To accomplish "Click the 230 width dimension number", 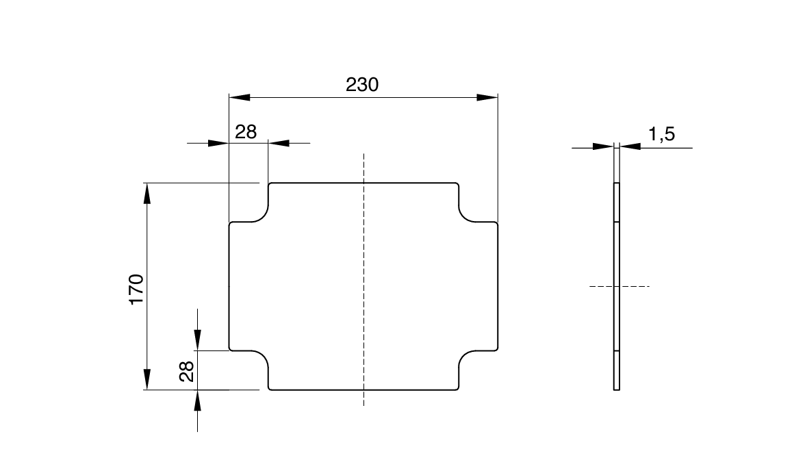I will coord(362,85).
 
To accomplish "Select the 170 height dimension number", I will coord(136,289).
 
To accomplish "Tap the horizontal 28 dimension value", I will coord(246,132).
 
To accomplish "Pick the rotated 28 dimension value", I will coord(187,371).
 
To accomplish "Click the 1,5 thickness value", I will coord(661,134).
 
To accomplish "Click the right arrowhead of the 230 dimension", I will coord(487,98).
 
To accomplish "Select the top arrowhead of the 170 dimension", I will coord(146,194).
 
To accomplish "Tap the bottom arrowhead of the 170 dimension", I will coord(146,379).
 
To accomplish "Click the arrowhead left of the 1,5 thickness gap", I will coord(603,146).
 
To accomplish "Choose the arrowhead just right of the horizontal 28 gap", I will coord(279,143).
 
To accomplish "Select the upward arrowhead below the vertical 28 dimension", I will coord(198,400).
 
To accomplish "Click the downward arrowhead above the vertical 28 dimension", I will coord(198,339).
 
